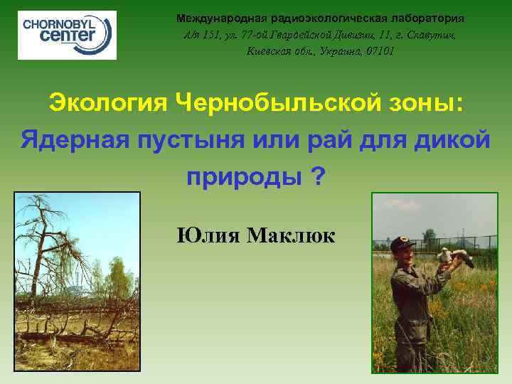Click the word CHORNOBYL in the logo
tap(63, 23)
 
